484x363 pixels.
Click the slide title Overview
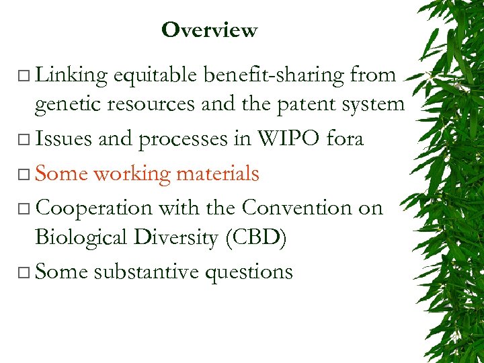tap(209, 30)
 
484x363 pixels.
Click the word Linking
tap(71, 75)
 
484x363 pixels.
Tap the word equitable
tap(157, 75)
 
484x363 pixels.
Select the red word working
tap(132, 174)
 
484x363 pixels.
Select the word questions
tap(255, 273)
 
